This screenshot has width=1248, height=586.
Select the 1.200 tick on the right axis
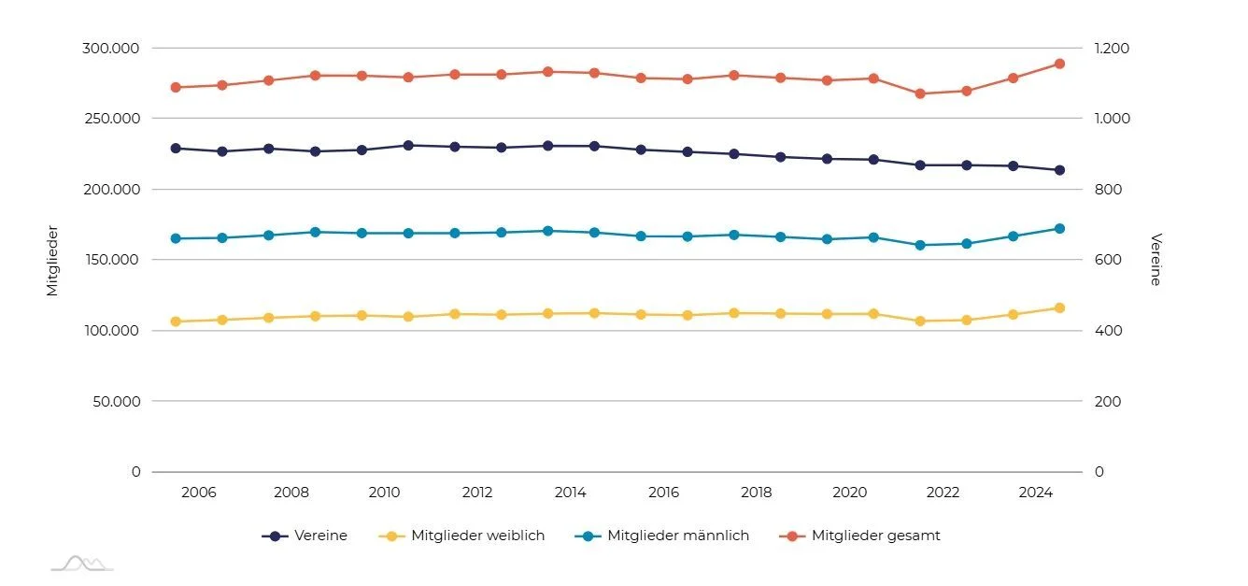pos(1113,48)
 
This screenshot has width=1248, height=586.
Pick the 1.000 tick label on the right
pos(1113,119)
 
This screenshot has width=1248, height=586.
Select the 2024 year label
pos(1036,493)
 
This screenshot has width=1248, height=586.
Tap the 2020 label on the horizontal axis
pos(850,493)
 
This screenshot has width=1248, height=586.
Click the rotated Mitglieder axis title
pos(52,260)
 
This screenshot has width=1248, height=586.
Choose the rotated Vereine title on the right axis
pos(1156,260)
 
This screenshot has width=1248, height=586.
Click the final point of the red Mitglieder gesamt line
pos(1059,64)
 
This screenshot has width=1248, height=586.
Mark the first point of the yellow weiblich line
pos(176,322)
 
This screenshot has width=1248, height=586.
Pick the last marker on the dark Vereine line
pos(1059,170)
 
